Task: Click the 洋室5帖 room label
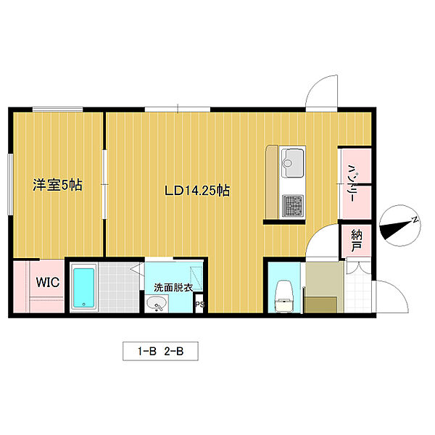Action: click(57, 185)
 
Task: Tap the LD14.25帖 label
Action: click(197, 191)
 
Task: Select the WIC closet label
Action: click(48, 283)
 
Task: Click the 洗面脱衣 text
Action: click(173, 288)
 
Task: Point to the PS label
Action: click(199, 304)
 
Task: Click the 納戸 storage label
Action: click(357, 241)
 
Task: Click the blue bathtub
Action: click(84, 287)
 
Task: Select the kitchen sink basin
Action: click(293, 162)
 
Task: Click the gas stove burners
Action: click(293, 206)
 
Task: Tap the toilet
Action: click(283, 296)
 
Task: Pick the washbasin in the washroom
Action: click(157, 304)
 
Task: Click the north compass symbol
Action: click(399, 225)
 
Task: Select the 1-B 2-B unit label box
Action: click(160, 351)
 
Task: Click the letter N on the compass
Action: click(415, 220)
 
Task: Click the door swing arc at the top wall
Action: click(315, 86)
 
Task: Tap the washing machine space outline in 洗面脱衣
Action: click(196, 278)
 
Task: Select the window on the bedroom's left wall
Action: click(10, 184)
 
